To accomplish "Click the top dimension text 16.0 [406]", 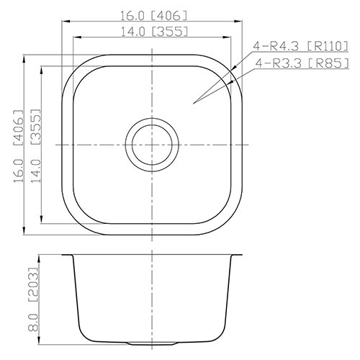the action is coord(153,16).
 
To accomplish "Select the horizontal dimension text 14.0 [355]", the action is coord(153,32).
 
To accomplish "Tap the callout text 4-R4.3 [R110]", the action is coord(300,46).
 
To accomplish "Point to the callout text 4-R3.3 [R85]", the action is coord(302,63).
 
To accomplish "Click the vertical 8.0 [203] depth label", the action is coord(33,300).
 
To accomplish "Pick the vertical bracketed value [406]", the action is coord(19,127).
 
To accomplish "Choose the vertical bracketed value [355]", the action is coord(36,127).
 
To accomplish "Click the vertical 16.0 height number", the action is coord(19,171).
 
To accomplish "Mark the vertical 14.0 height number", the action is coord(36,171).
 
